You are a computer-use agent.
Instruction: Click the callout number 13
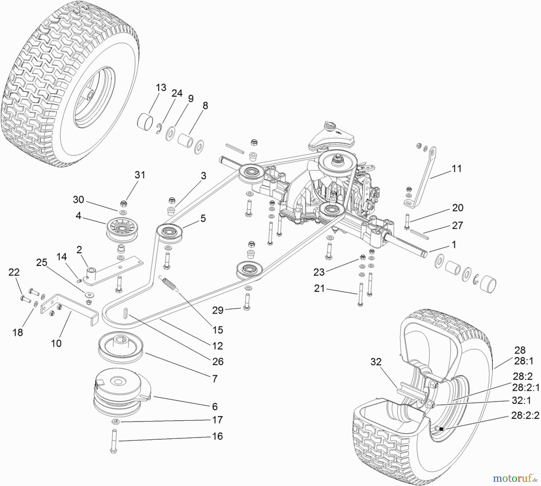[161, 87]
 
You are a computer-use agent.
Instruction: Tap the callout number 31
[140, 175]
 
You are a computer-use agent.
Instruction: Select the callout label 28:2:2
[525, 416]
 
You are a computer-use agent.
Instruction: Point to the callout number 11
[457, 169]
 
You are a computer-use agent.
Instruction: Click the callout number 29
[218, 310]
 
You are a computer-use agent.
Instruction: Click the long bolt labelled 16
[114, 440]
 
